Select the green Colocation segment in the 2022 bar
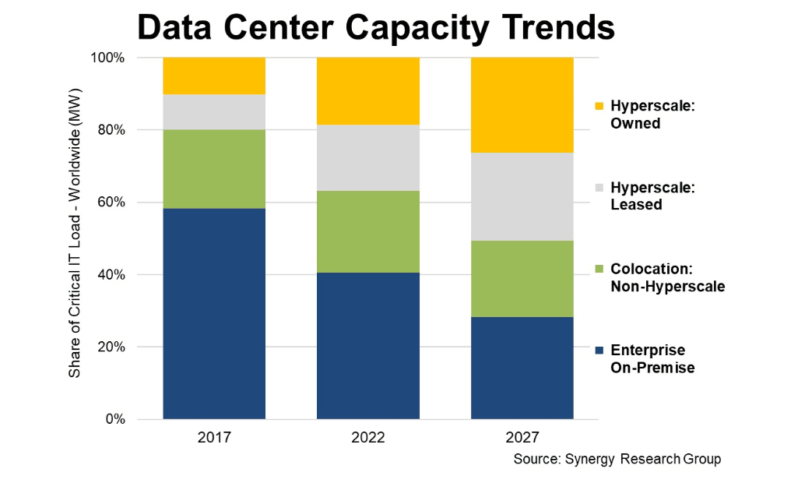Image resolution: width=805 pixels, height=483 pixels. coord(367,231)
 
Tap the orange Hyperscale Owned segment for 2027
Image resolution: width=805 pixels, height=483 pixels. coord(522,104)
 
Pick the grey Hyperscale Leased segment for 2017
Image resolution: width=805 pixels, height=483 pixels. coord(214,111)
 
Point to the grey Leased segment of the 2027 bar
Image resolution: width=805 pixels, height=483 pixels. coord(522,196)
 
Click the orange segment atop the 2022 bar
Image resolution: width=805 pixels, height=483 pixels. coord(367,90)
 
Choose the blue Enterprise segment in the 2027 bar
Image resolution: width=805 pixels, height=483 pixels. coord(522,368)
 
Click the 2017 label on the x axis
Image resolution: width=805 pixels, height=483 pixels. coord(214,437)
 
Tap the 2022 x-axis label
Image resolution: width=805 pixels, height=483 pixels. coord(367,437)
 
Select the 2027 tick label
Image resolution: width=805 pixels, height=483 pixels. coord(522,437)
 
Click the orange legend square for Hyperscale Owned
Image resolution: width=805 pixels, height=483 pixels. coord(597,106)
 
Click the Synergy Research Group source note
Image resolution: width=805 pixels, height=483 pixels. coord(617,459)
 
